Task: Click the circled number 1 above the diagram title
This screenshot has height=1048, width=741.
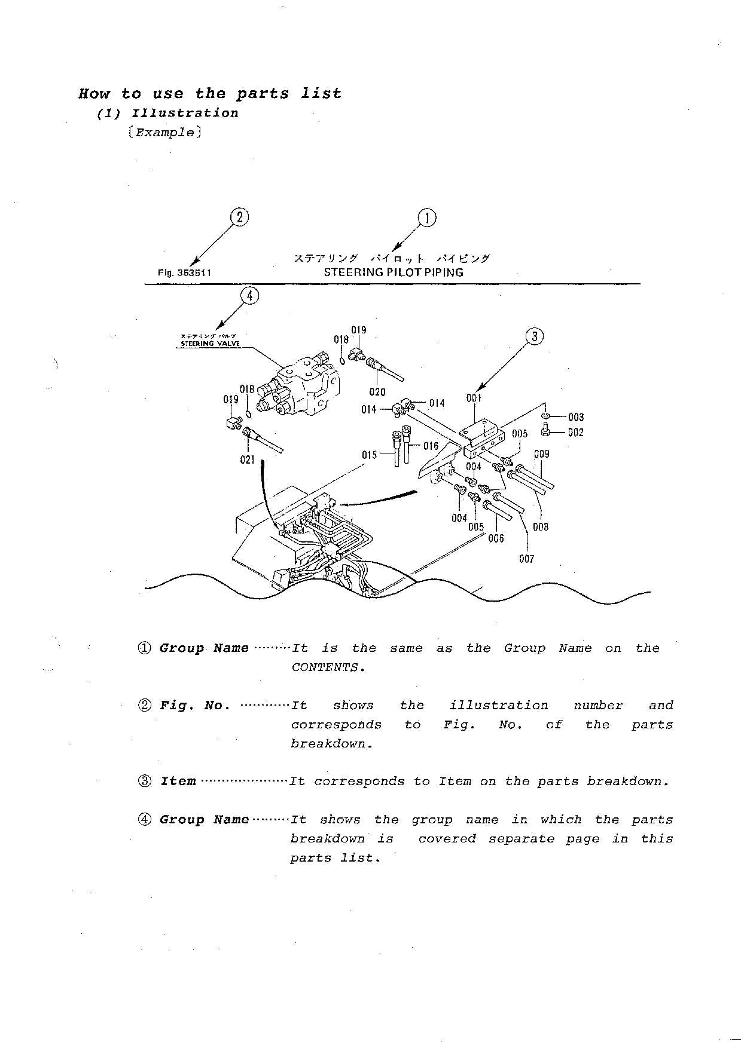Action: pyautogui.click(x=427, y=218)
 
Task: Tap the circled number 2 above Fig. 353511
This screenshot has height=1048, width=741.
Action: pyautogui.click(x=239, y=217)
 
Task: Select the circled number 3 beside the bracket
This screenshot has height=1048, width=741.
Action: pyautogui.click(x=534, y=336)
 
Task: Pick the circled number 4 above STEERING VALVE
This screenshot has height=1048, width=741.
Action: pyautogui.click(x=250, y=295)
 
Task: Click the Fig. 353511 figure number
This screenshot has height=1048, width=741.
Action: pyautogui.click(x=184, y=273)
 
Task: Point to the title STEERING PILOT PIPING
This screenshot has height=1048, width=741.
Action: pyautogui.click(x=394, y=272)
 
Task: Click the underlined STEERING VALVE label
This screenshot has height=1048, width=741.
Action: pyautogui.click(x=210, y=344)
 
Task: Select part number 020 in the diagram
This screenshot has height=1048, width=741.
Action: pyautogui.click(x=377, y=392)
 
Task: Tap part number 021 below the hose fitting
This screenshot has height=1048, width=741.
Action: pyautogui.click(x=248, y=460)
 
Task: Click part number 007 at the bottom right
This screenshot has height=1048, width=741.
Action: pyautogui.click(x=526, y=559)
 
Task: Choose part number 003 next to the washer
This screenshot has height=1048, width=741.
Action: pyautogui.click(x=576, y=417)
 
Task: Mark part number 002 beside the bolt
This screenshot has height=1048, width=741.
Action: pyautogui.click(x=575, y=432)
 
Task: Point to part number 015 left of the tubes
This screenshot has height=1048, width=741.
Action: pyautogui.click(x=370, y=455)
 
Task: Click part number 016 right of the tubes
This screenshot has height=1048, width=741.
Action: pyautogui.click(x=431, y=446)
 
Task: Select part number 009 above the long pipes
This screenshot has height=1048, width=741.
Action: pyautogui.click(x=541, y=453)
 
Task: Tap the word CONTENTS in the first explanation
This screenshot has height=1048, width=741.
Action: pyautogui.click(x=327, y=667)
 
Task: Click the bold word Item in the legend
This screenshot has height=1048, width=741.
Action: pyautogui.click(x=178, y=782)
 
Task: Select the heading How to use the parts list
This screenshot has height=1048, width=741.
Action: pyautogui.click(x=210, y=94)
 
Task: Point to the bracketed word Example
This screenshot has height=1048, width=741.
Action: pyautogui.click(x=164, y=133)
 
